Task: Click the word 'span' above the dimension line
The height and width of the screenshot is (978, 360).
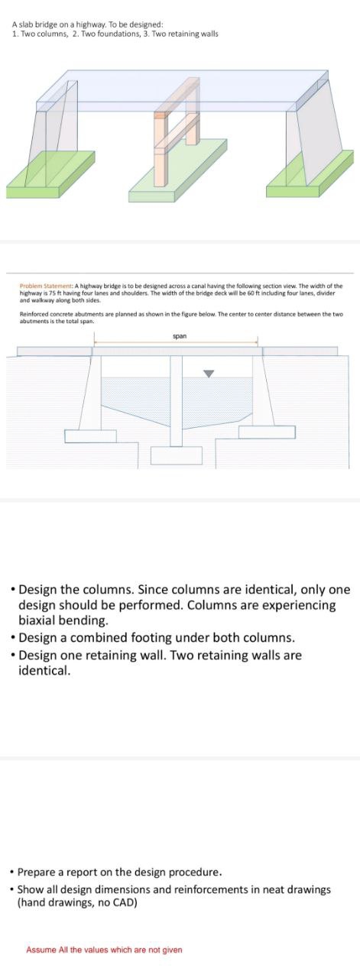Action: [180, 335]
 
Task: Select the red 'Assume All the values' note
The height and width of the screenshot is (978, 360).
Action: [104, 950]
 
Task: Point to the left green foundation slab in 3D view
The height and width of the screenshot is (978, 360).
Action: [54, 172]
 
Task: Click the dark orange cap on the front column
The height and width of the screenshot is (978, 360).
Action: [160, 115]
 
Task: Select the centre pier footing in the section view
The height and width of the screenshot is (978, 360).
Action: [176, 455]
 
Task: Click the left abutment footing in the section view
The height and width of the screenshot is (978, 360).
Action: [90, 436]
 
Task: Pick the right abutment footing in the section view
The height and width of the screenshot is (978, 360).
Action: [267, 432]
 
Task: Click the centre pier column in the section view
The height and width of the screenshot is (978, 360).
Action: [177, 401]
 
